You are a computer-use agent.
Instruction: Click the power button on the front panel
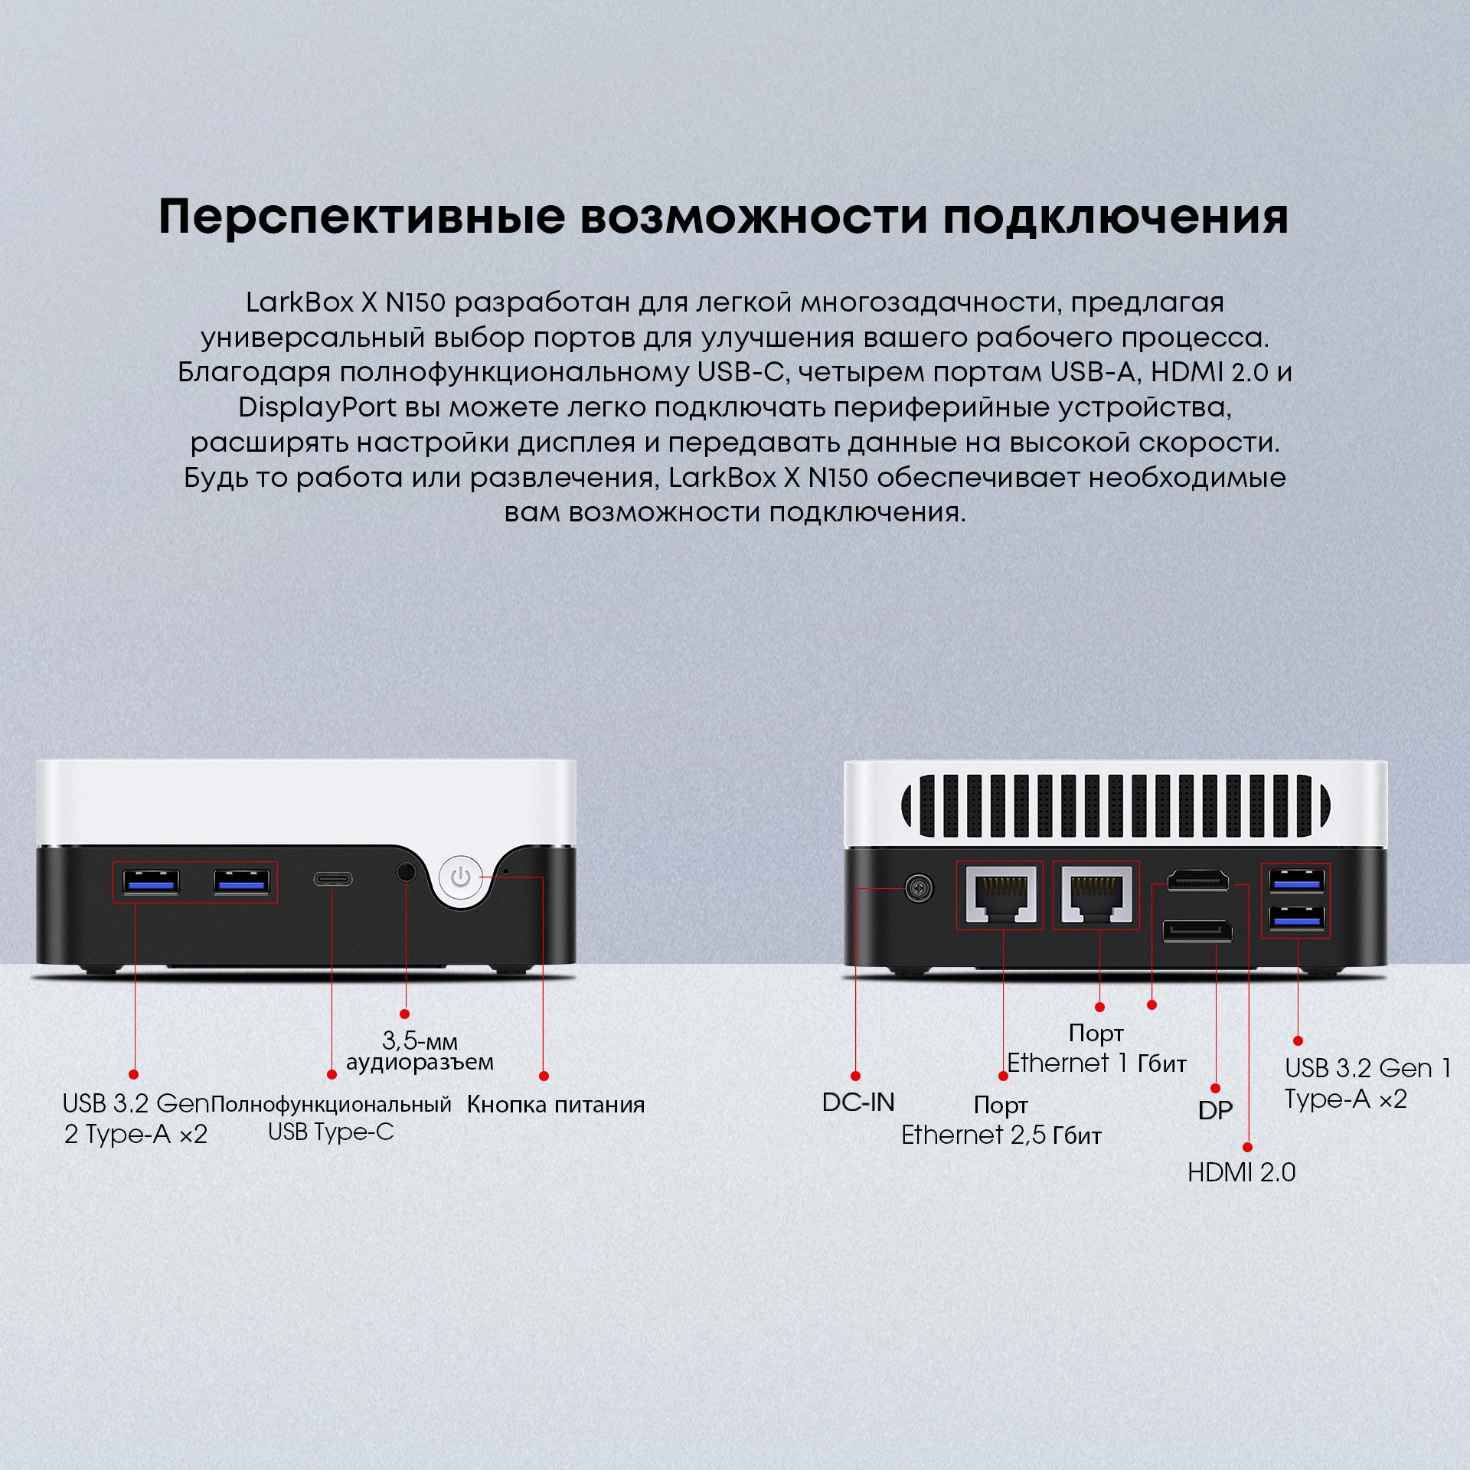click(x=460, y=877)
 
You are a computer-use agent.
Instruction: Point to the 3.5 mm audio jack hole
click(x=407, y=871)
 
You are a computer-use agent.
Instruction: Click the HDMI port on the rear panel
click(x=1197, y=880)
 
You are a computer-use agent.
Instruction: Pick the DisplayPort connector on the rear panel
click(x=1197, y=931)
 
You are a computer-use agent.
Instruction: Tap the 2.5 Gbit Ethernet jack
click(x=1000, y=895)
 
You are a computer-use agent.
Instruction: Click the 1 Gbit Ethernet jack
click(x=1096, y=895)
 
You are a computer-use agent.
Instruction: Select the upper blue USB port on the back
click(x=1295, y=880)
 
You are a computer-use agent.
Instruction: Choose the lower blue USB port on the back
click(x=1295, y=917)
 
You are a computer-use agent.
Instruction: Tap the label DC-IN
click(x=858, y=1102)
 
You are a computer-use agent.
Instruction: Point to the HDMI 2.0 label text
click(x=1241, y=1172)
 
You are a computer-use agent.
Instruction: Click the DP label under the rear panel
click(x=1215, y=1110)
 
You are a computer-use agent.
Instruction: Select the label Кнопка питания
click(x=556, y=1105)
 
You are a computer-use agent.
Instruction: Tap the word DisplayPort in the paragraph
click(x=317, y=407)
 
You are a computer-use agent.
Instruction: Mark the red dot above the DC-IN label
click(x=855, y=1076)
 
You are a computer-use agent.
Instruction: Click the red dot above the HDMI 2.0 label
click(x=1247, y=1148)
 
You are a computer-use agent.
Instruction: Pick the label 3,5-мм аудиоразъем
click(x=420, y=1051)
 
